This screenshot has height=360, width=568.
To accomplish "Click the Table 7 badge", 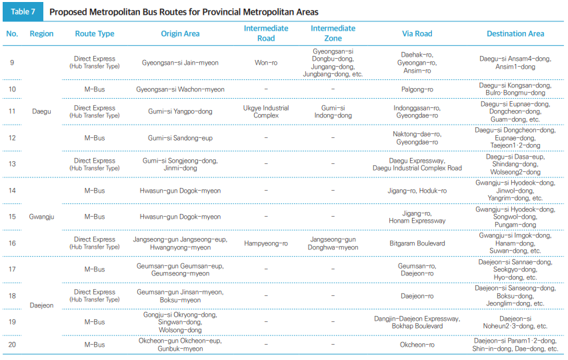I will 23,12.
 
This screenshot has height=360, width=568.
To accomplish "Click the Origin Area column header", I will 180,33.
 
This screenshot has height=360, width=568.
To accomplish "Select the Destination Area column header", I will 515,33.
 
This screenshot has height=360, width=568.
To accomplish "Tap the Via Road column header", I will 417,33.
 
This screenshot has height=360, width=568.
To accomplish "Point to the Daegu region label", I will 41,111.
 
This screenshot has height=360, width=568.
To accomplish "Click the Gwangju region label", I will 41,217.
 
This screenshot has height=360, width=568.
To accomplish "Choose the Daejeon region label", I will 41,305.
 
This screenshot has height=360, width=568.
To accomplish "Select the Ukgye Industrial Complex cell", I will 266,111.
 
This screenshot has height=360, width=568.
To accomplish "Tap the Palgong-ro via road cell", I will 417,89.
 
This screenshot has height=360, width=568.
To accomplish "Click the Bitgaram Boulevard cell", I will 417,243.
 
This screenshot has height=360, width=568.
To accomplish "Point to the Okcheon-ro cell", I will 417,345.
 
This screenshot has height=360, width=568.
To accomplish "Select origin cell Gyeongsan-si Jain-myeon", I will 180,63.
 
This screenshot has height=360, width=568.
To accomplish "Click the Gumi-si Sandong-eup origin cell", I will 180,138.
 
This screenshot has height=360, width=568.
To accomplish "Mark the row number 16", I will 12,243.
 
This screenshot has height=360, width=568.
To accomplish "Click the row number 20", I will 12,345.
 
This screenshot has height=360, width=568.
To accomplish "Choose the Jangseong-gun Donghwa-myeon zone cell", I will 333,243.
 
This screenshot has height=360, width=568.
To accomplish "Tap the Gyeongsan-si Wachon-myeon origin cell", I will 180,89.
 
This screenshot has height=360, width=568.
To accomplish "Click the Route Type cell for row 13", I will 95,164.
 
